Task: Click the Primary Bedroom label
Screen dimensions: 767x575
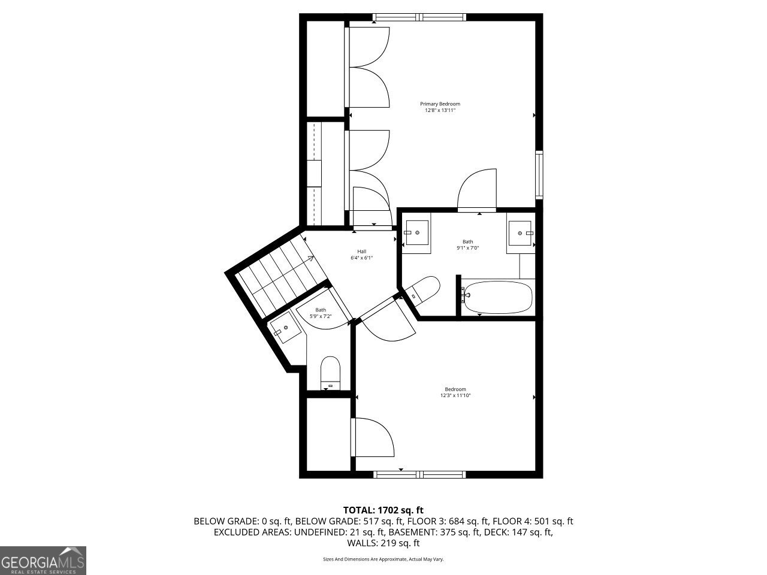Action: (x=440, y=104)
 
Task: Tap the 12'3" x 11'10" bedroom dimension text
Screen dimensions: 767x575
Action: (x=455, y=395)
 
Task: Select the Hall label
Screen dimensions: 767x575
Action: (x=362, y=252)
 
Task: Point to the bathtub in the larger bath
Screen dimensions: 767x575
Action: (x=497, y=298)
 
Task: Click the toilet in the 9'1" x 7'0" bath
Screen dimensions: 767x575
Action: (x=421, y=290)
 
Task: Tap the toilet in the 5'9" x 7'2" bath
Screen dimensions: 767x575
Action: (x=330, y=373)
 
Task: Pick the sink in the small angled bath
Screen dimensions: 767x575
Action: (x=285, y=328)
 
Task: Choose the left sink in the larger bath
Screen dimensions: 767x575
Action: (x=416, y=232)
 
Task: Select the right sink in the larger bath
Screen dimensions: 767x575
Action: (x=521, y=233)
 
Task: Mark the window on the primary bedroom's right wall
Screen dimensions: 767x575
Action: (x=539, y=175)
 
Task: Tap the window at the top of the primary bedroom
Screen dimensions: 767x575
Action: (x=419, y=17)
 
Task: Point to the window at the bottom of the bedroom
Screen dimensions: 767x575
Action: (x=419, y=474)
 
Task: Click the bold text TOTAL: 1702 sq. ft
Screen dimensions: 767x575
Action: (x=383, y=510)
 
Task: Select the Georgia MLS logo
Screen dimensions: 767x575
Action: (x=43, y=561)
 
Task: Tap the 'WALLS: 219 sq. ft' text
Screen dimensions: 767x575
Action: (x=383, y=543)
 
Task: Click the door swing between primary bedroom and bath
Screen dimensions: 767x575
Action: (x=477, y=189)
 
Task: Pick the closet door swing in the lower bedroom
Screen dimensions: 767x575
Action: (x=373, y=437)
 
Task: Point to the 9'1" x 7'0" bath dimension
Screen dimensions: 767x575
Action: (x=468, y=248)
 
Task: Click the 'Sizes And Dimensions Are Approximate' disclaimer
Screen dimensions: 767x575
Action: (x=383, y=559)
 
